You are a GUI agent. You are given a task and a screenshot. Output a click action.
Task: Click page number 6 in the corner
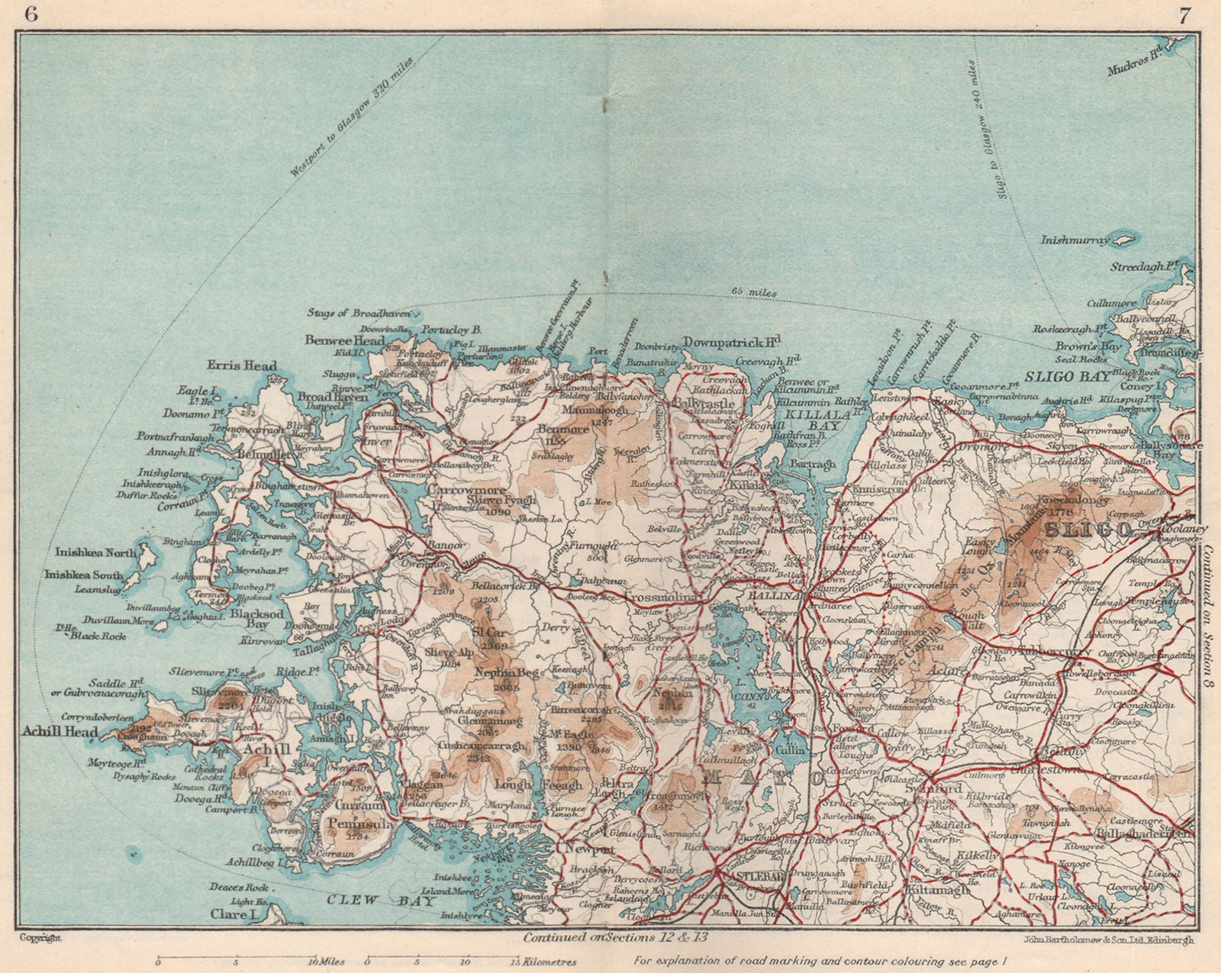pos(31,14)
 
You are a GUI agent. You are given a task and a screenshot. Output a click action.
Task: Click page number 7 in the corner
pos(1182,14)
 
